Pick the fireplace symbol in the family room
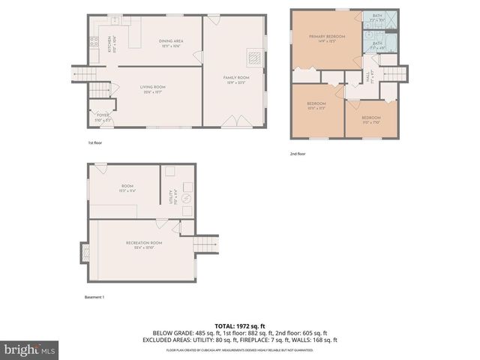tap(254, 57)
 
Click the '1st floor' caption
tap(94, 142)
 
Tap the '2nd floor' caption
tap(298, 154)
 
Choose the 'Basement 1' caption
tap(94, 297)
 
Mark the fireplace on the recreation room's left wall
tap(84, 253)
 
